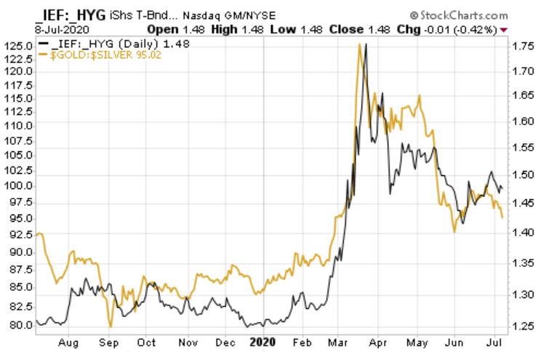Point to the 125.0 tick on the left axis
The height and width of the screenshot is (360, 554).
tap(19, 46)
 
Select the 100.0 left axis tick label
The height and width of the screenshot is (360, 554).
tap(19, 186)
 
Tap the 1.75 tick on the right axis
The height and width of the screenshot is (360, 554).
tap(523, 46)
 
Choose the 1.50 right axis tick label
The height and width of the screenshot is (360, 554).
tap(523, 175)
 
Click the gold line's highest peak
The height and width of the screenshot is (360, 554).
tap(359, 44)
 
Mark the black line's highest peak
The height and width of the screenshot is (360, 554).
tap(366, 45)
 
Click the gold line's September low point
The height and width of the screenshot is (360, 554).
tap(110, 326)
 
